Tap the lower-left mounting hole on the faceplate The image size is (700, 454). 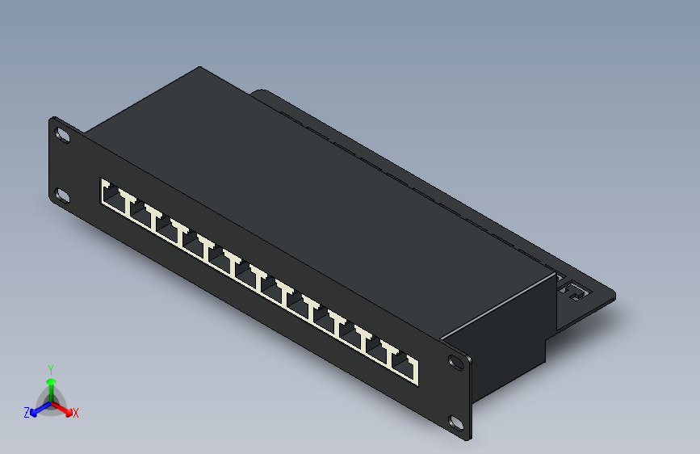[x=61, y=195]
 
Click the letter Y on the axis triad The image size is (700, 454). [x=50, y=368]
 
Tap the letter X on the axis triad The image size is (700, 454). [x=76, y=413]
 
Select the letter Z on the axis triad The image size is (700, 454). [x=27, y=413]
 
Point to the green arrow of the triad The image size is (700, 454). [x=51, y=385]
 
